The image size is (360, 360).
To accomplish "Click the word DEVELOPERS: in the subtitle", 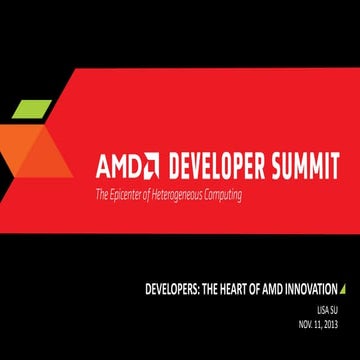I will [x=173, y=290].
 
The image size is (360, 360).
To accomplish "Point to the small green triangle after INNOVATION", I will [x=343, y=290].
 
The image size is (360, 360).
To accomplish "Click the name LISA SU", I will [x=329, y=310].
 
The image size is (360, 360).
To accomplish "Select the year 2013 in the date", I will [x=332, y=325].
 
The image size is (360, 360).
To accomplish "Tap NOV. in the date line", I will [x=305, y=325].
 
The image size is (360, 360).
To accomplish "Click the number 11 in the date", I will [x=318, y=325].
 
